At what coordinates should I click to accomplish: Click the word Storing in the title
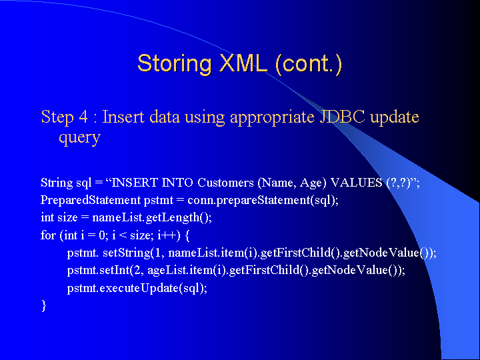tap(175, 64)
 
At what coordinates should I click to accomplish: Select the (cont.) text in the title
tap(309, 64)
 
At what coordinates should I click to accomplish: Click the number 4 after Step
tap(83, 117)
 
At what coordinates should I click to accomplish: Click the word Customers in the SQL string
tap(225, 183)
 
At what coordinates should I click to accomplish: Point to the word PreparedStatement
tap(91, 200)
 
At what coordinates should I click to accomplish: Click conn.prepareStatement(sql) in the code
tap(262, 201)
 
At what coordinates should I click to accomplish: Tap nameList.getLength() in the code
tap(151, 217)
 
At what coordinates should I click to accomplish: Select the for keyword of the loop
tap(49, 235)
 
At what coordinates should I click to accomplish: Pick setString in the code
tap(127, 253)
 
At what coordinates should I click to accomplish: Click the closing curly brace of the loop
tap(43, 306)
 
